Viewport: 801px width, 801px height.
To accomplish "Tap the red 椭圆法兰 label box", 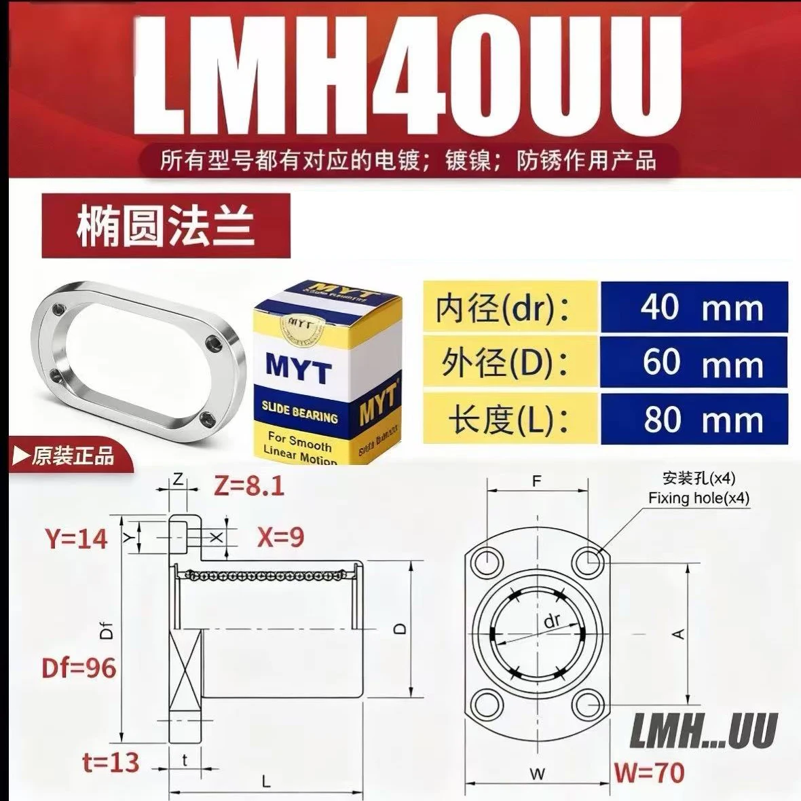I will point(166,225).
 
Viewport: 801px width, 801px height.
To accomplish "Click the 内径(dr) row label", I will point(503,308).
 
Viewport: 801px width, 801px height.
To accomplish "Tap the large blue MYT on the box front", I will point(299,368).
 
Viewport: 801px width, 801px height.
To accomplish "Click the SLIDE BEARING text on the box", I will point(299,411).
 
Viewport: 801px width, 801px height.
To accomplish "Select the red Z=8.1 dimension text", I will point(248,486).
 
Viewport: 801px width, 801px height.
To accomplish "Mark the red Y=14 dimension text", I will point(77,538).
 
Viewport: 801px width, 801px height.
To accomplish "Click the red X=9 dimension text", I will point(280,537).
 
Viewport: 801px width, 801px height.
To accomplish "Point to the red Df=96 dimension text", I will point(79,668).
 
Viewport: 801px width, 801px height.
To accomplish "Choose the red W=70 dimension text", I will point(649,772).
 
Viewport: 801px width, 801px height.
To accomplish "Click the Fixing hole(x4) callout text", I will point(698,498).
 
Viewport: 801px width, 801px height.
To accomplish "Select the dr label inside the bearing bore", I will point(552,620).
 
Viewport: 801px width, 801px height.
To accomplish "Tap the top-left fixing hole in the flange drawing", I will point(486,562).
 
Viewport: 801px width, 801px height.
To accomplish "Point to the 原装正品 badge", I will point(64,455).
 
